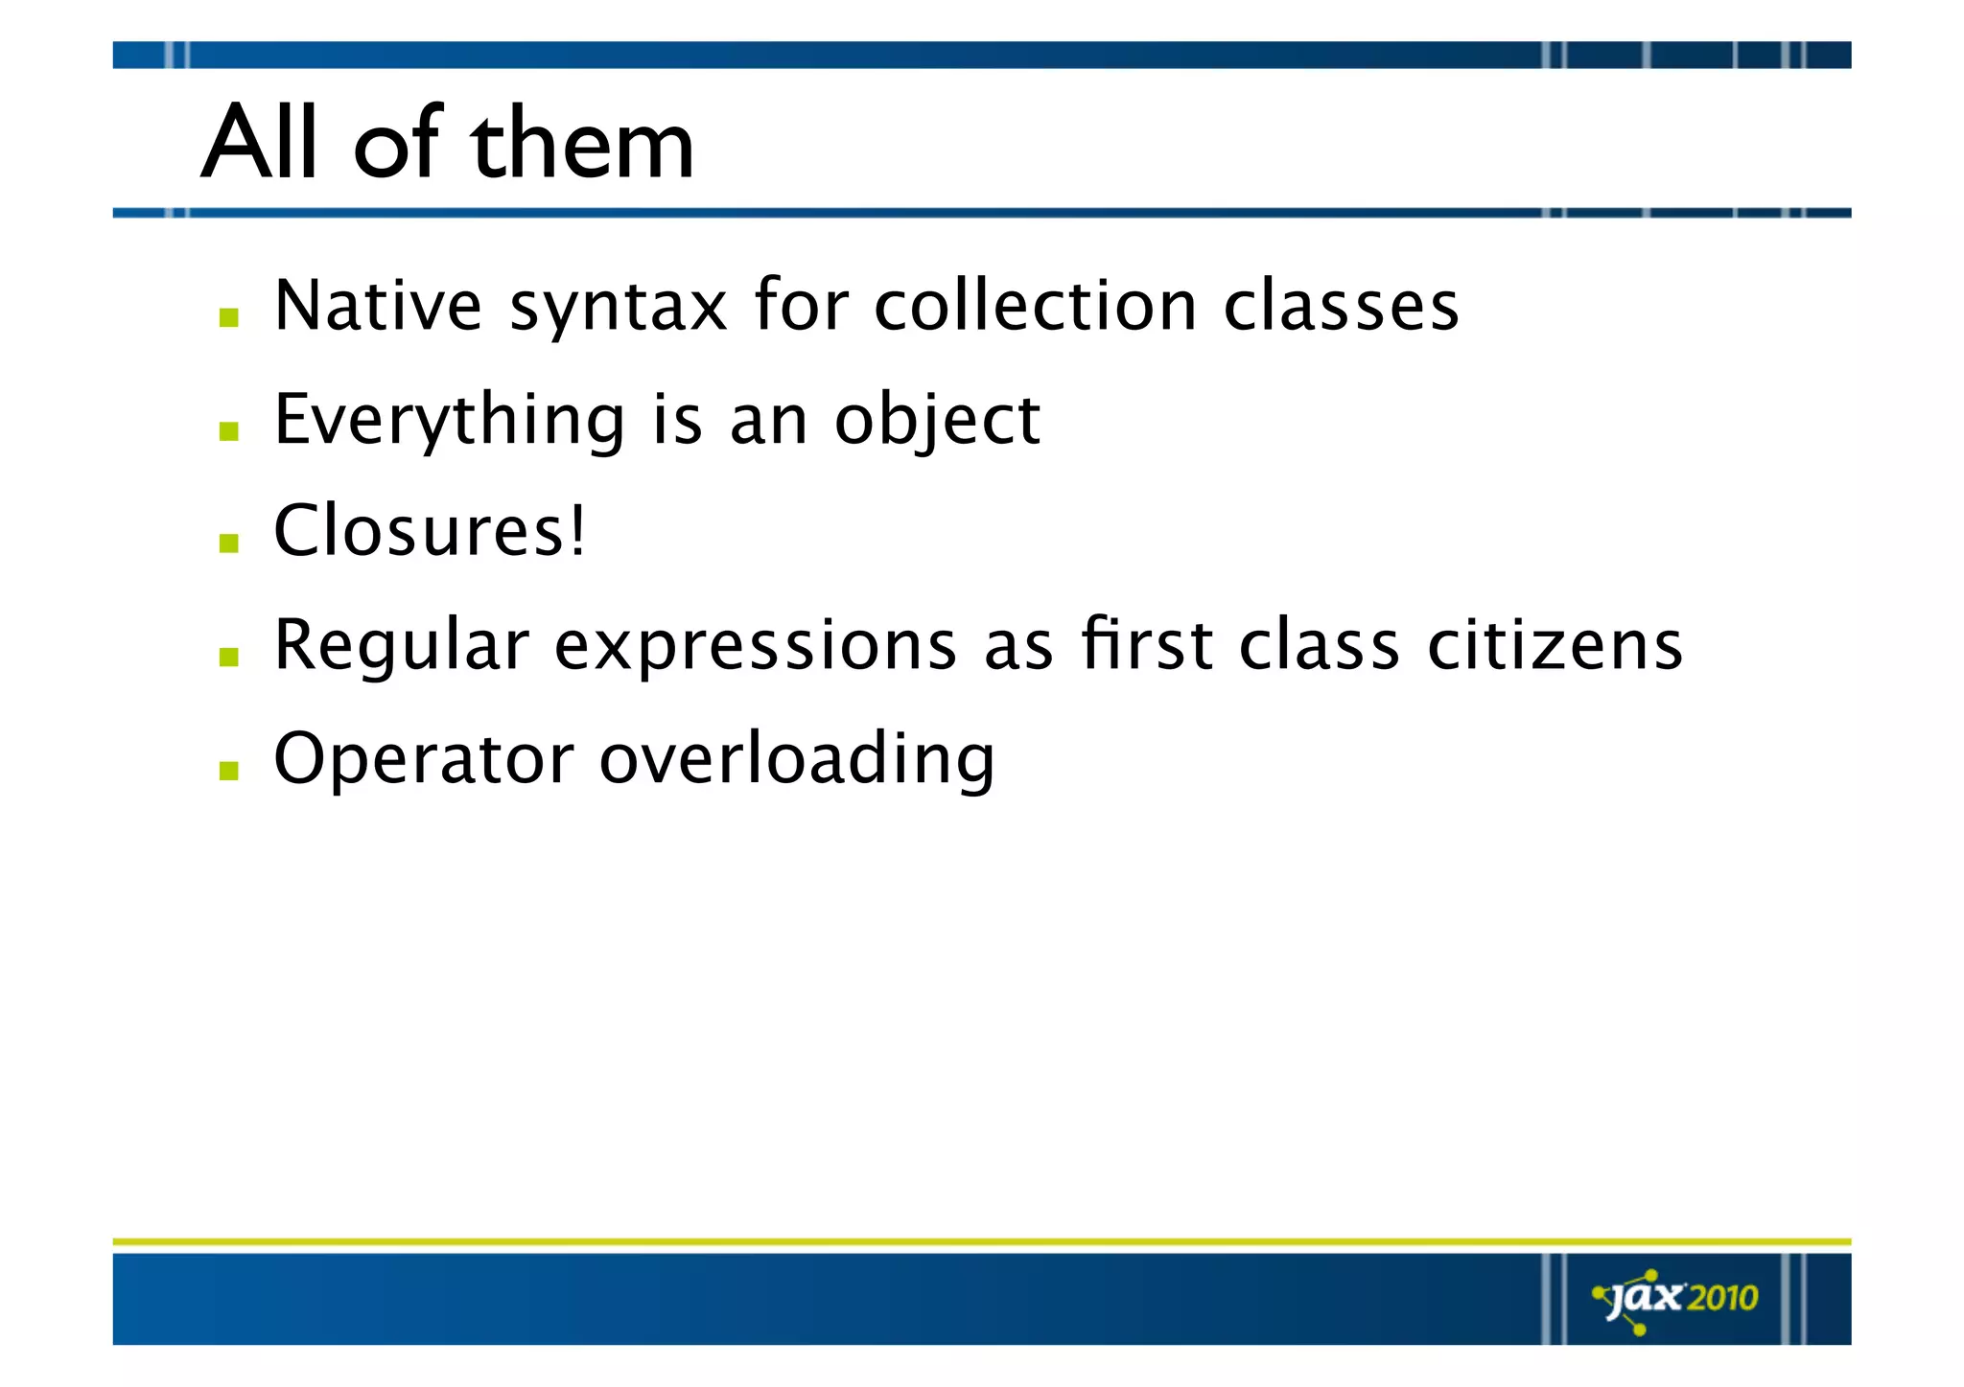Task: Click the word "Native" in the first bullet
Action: click(x=378, y=306)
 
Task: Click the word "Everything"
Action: click(x=450, y=421)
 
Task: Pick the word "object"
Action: click(x=937, y=421)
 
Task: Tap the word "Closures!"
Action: click(x=429, y=531)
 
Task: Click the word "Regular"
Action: click(x=401, y=645)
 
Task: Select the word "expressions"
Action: click(x=756, y=647)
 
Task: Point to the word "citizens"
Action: click(x=1555, y=645)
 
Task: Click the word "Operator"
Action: click(x=424, y=759)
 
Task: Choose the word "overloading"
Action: click(x=797, y=759)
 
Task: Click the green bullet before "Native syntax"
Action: click(x=228, y=318)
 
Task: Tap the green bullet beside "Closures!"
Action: click(x=228, y=543)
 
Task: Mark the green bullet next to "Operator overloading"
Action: click(x=228, y=771)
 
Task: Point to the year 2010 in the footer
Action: click(x=1722, y=1299)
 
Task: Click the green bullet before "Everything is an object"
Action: click(x=228, y=431)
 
